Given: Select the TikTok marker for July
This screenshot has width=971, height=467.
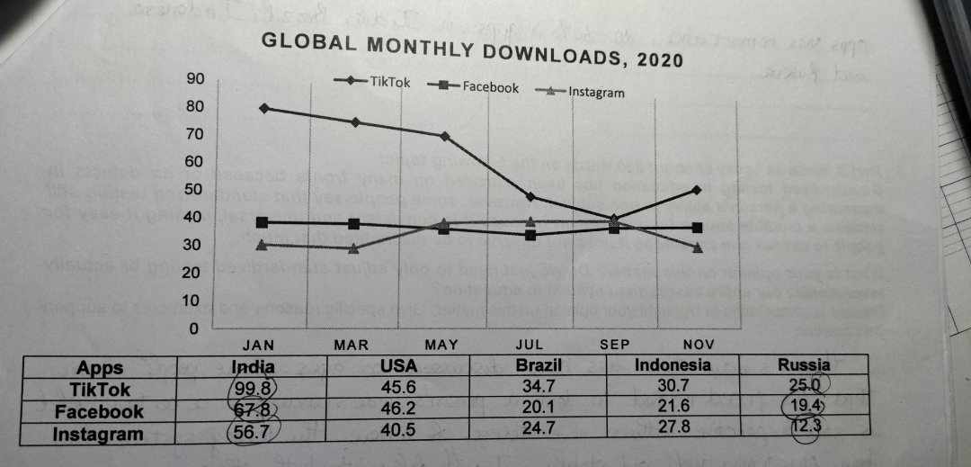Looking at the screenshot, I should point(530,196).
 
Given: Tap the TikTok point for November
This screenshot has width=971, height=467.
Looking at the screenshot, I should point(697,190).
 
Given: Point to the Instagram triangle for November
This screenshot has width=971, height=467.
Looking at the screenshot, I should point(697,247).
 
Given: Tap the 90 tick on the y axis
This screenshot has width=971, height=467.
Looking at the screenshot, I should point(194,79).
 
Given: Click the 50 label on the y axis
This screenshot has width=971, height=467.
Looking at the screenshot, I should point(194,189).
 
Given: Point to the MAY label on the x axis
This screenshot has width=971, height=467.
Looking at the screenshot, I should point(441,345).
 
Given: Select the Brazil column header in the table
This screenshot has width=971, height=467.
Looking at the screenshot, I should point(539,365).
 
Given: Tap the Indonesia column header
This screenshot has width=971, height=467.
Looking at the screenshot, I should point(673,365).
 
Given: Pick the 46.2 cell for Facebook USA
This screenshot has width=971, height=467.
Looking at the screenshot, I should point(397,411).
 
